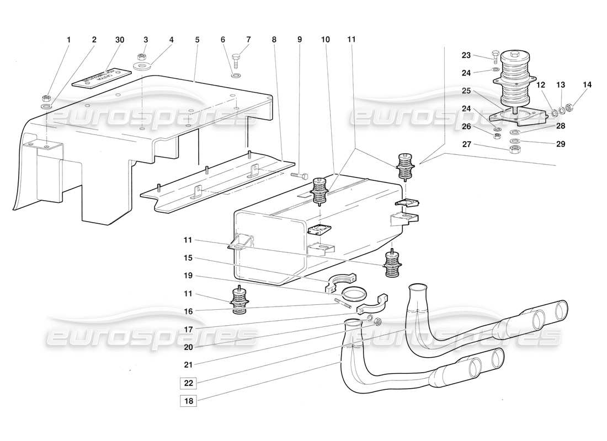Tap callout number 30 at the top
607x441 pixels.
tap(120, 40)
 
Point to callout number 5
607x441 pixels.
tap(197, 40)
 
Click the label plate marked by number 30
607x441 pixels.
tap(98, 78)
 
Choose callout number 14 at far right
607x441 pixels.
tap(587, 85)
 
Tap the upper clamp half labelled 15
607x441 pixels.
tap(341, 281)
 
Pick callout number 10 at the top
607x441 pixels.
tap(326, 40)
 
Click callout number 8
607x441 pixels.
tap(274, 40)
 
